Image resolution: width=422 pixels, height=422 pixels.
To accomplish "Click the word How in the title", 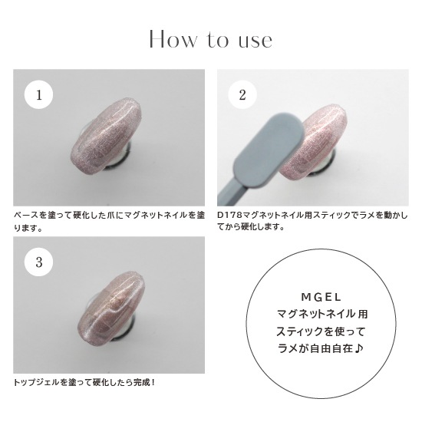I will (x=171, y=39).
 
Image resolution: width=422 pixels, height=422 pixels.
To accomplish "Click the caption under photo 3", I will (x=84, y=381).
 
